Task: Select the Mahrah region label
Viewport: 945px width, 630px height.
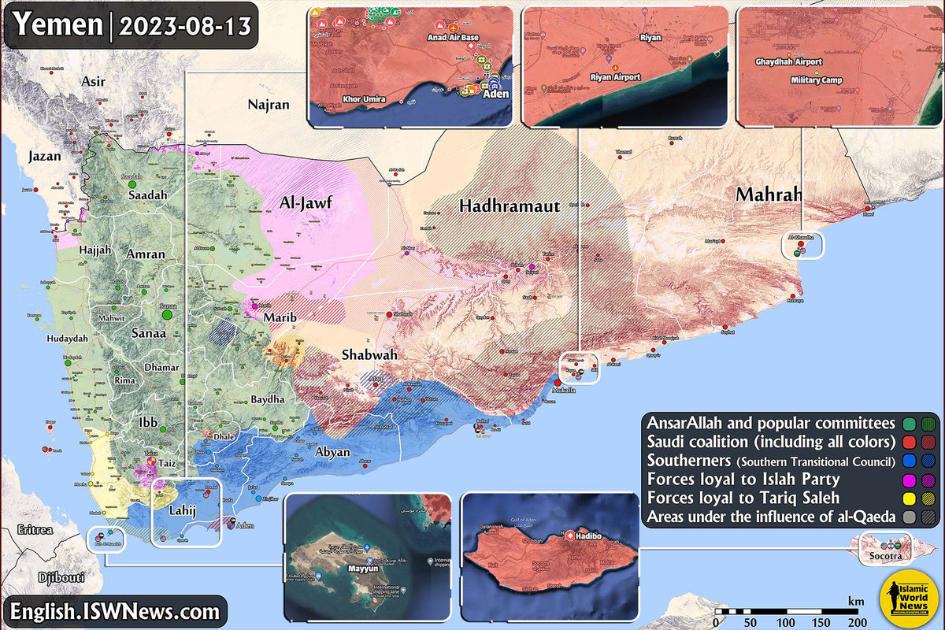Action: [769, 195]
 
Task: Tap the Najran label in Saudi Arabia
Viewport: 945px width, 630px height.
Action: [269, 104]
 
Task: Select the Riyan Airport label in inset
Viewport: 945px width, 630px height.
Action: [615, 77]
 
